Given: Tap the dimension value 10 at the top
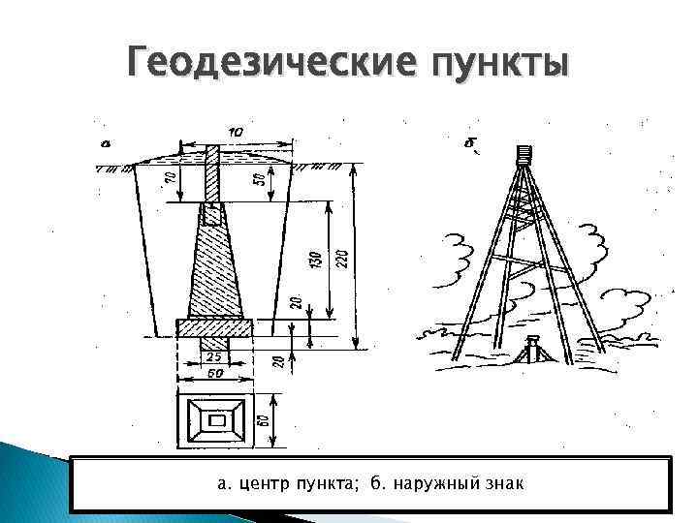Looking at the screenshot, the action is click(x=236, y=132).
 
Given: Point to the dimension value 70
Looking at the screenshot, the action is click(x=171, y=178).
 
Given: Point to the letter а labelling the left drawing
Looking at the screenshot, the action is click(x=104, y=145).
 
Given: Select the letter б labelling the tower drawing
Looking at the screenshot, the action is click(x=470, y=145).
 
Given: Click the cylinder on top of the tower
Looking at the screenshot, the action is click(x=524, y=153).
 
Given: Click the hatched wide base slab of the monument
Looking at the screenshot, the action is click(x=214, y=327).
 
